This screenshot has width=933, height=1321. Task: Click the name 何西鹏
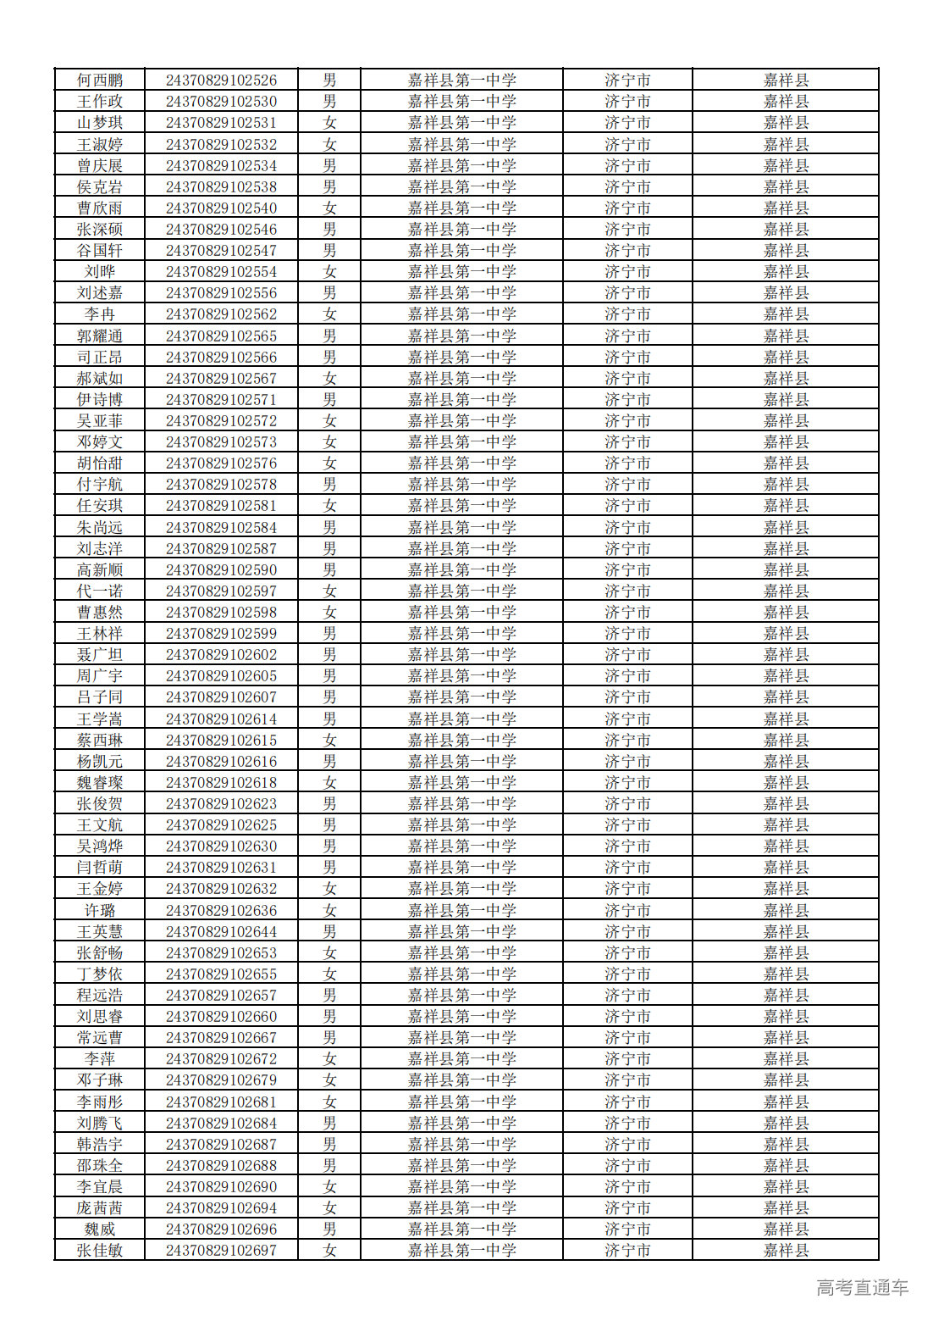tap(100, 80)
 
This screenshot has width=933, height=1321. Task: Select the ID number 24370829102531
tap(221, 123)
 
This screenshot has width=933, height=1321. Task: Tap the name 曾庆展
tap(100, 166)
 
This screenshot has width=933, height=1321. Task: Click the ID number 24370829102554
tap(221, 272)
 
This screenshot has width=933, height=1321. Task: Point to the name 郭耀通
tap(100, 336)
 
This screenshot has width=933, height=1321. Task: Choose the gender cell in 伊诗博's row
tap(329, 400)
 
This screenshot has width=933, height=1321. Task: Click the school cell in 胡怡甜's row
tap(461, 463)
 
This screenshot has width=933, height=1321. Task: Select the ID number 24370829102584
tap(221, 528)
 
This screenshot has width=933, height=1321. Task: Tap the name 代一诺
tap(100, 591)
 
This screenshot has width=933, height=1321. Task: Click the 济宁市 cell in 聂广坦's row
tap(627, 655)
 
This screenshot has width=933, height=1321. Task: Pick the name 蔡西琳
tap(100, 741)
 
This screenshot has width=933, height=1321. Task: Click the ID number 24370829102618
tap(221, 783)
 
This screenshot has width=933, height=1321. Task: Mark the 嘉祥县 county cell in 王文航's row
tap(786, 825)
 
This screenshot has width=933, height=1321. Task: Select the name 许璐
tap(100, 911)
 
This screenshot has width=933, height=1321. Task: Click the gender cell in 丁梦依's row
tap(329, 974)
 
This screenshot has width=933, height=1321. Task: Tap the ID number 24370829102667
tap(221, 1038)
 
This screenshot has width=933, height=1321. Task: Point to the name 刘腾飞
tap(100, 1124)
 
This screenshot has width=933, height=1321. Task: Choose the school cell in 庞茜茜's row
tap(461, 1208)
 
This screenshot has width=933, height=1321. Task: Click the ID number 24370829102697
tap(221, 1251)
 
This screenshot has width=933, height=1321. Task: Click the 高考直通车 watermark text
tap(862, 1288)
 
